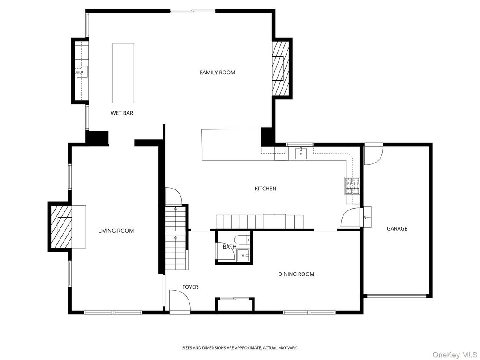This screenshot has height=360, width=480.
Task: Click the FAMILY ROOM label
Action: (x=217, y=73)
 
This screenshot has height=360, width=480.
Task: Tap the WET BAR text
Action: (x=122, y=113)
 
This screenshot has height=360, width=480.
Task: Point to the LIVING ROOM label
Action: (x=116, y=231)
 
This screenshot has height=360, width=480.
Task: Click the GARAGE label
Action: (x=397, y=229)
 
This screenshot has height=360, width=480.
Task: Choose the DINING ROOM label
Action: (x=296, y=274)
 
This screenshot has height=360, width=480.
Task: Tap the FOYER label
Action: (x=190, y=287)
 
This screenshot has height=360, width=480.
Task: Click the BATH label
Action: (x=229, y=247)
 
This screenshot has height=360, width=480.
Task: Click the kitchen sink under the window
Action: (x=300, y=153)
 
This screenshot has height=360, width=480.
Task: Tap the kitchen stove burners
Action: (x=351, y=185)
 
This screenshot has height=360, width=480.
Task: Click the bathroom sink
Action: (x=244, y=256)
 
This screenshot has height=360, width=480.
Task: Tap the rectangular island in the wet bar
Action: (x=123, y=73)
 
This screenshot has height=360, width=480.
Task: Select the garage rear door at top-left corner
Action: (x=373, y=154)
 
